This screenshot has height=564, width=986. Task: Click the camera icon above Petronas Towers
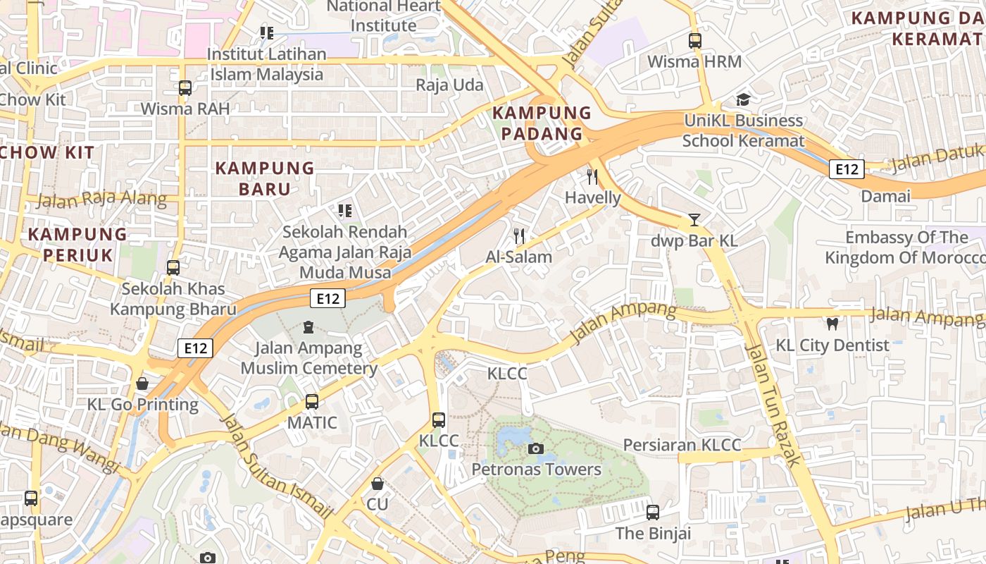tap(535, 448)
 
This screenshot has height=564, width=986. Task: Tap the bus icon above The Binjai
tap(653, 513)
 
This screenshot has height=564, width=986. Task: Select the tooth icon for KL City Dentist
tap(832, 324)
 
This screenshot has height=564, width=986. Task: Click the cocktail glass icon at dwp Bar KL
tap(694, 219)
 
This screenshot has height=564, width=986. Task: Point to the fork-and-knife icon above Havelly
tap(592, 176)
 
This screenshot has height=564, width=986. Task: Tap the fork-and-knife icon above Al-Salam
tap(519, 235)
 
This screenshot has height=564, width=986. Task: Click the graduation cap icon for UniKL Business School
tap(743, 99)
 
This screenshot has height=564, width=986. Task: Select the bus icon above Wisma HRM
tap(695, 40)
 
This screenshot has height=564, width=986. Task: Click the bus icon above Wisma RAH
tap(185, 88)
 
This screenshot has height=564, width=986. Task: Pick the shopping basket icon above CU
tap(377, 484)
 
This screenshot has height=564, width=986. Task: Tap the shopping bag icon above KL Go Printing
tap(142, 384)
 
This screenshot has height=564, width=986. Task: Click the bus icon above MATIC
tap(311, 402)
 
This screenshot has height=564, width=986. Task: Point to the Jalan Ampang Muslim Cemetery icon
tap(308, 327)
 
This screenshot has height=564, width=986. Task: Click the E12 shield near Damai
tap(846, 169)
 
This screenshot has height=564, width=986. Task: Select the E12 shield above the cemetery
tap(327, 298)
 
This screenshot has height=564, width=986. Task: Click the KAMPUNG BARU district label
tap(264, 178)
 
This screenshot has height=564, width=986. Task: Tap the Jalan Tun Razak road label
tap(773, 405)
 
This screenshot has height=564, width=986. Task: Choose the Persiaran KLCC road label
tap(682, 445)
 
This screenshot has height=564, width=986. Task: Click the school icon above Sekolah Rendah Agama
tap(344, 210)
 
